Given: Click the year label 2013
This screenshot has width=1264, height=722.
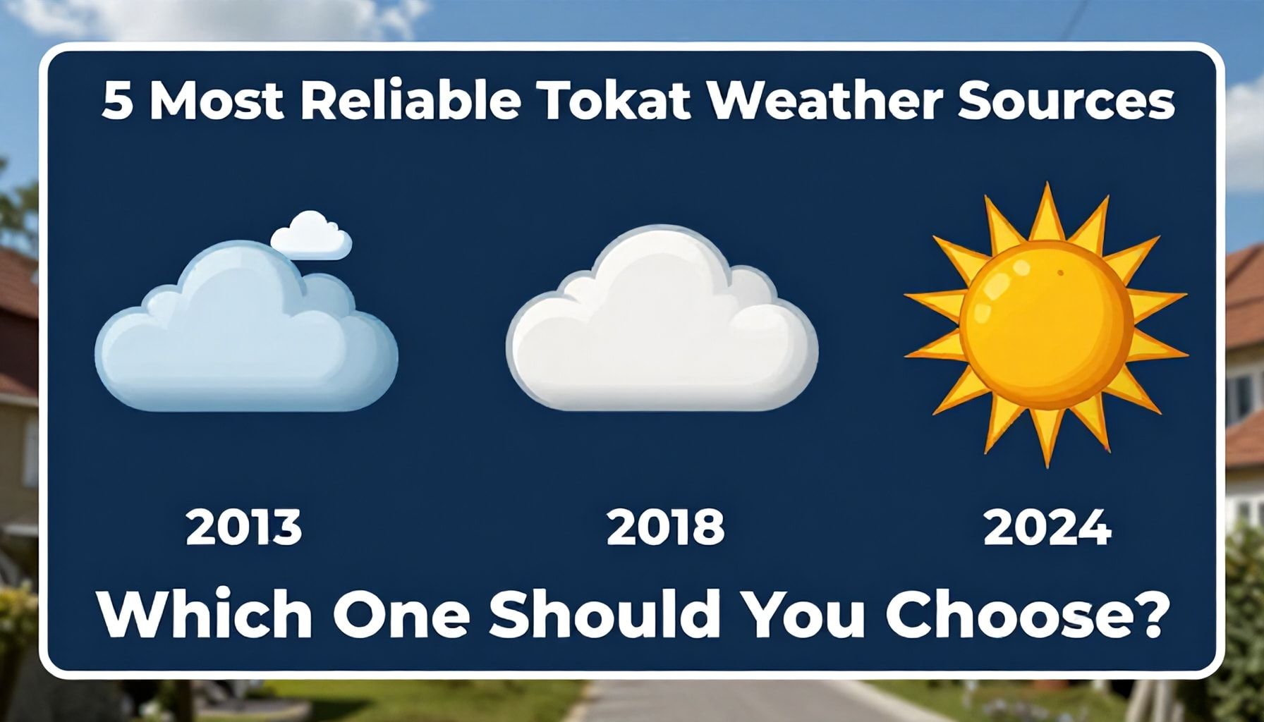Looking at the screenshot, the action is (x=244, y=527).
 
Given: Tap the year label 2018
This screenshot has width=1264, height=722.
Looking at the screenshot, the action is (x=665, y=527).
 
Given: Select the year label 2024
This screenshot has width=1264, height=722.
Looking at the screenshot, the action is (x=1047, y=527).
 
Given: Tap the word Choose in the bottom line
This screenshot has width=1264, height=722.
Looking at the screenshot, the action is (x=1001, y=613).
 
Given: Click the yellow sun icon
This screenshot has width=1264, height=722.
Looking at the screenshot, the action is (x=1047, y=322).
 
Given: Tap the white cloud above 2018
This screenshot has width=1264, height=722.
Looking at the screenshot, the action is (x=662, y=317).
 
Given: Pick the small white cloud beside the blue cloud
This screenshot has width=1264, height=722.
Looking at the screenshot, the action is (x=311, y=235).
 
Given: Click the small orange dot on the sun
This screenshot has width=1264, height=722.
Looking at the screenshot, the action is (x=1060, y=272).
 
